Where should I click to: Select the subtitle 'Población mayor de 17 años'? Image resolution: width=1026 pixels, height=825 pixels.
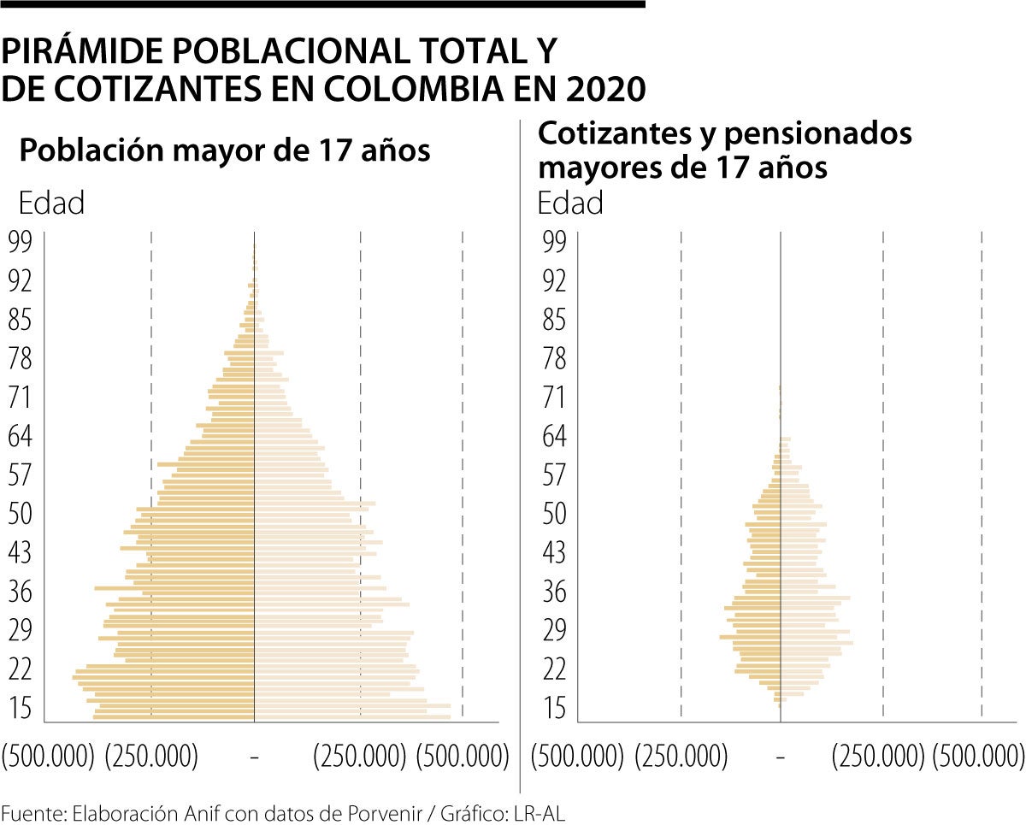click(224, 151)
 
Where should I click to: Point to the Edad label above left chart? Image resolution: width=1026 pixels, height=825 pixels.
click(51, 203)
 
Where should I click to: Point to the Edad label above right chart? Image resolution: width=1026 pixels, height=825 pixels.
click(570, 203)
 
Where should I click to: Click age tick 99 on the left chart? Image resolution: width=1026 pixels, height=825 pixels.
click(19, 242)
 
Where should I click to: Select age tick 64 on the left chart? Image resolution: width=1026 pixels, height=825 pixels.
click(19, 437)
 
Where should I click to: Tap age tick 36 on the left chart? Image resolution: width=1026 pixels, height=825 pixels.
click(19, 592)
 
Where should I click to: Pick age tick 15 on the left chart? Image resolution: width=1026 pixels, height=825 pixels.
click(19, 708)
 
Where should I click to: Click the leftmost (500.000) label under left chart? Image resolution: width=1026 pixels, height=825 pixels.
click(48, 757)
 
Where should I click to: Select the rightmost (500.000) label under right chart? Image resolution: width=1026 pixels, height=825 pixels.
click(978, 757)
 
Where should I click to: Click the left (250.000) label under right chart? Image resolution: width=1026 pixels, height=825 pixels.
click(682, 757)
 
